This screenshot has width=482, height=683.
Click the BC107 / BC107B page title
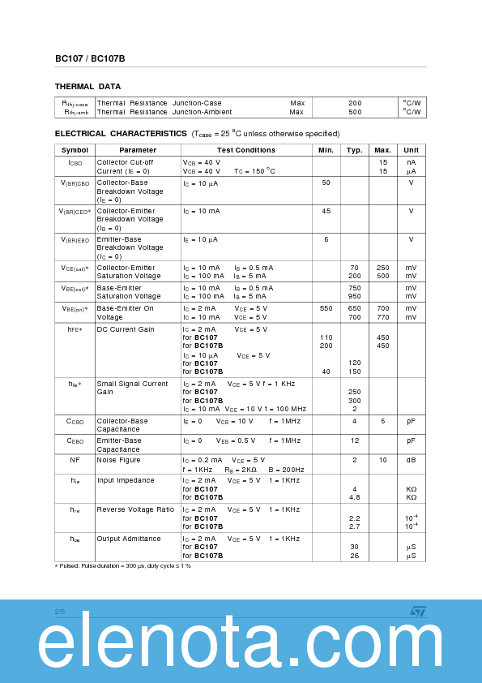coord(90,58)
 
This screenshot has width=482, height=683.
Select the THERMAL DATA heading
coord(87,87)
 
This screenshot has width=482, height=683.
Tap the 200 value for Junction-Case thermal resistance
coord(355,103)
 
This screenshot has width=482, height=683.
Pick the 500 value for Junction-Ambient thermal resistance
coord(355,112)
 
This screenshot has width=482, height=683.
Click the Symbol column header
coord(75,150)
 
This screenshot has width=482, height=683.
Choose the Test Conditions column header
coord(245,150)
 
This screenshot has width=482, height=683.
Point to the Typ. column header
coord(355,150)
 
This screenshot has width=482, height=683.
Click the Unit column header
coord(411,150)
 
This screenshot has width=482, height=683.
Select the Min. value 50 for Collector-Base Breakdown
coord(326,183)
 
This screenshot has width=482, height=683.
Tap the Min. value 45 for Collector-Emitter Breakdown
coord(326,211)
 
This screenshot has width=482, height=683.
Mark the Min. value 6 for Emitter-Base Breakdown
coord(326,239)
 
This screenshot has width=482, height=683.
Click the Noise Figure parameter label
coord(118,460)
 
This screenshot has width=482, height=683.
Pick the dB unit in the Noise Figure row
coord(411,460)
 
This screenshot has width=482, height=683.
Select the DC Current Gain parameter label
coord(125,329)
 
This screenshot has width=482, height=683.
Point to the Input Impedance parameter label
coord(126,480)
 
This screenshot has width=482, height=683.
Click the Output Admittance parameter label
coord(130,538)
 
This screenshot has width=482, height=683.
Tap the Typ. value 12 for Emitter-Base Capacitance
coord(355,440)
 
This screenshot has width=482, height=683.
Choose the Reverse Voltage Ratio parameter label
coord(135,509)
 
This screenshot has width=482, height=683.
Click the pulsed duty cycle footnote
coord(123,565)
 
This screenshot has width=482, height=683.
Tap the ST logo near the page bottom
coord(416,611)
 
